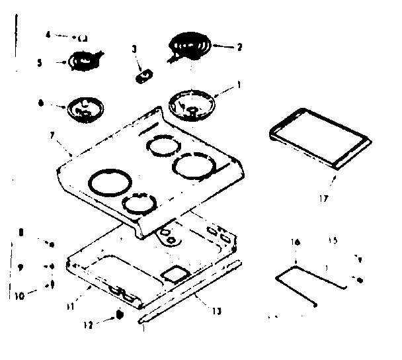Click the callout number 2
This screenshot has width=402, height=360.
coord(239,47)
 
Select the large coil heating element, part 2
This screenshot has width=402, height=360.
coord(189,46)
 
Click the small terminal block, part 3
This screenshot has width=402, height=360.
coord(141,77)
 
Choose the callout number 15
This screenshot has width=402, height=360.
coord(333,242)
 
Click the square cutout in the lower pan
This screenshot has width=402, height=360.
coord(175,273)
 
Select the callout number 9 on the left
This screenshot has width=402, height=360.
coord(22,267)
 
